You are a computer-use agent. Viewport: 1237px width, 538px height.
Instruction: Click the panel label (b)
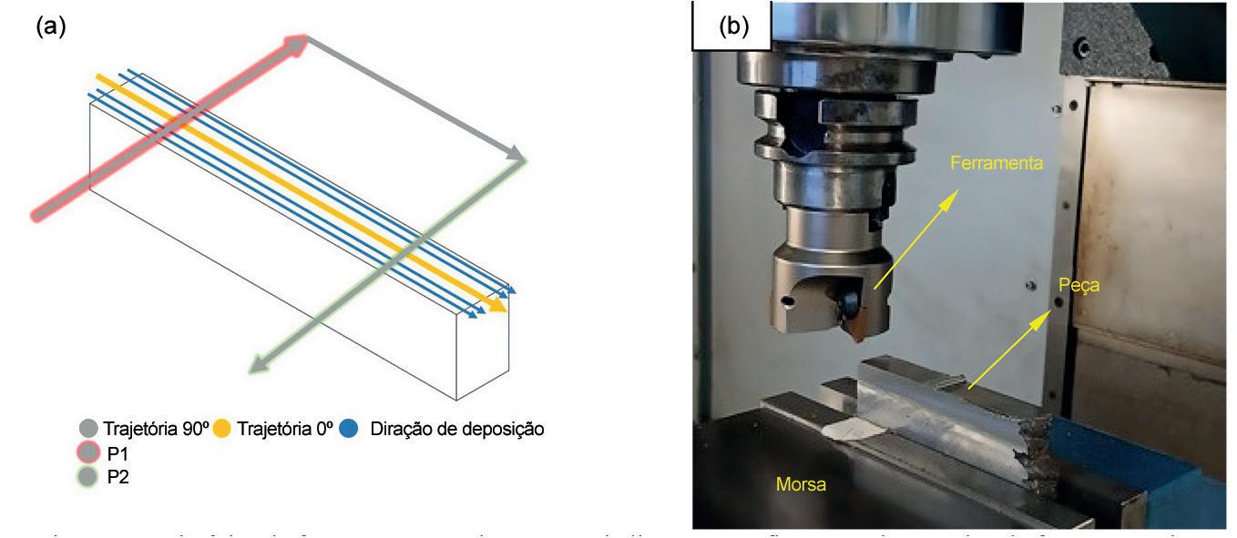click(x=732, y=24)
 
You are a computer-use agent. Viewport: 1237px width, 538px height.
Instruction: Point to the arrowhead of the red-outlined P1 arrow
click(x=299, y=42)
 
